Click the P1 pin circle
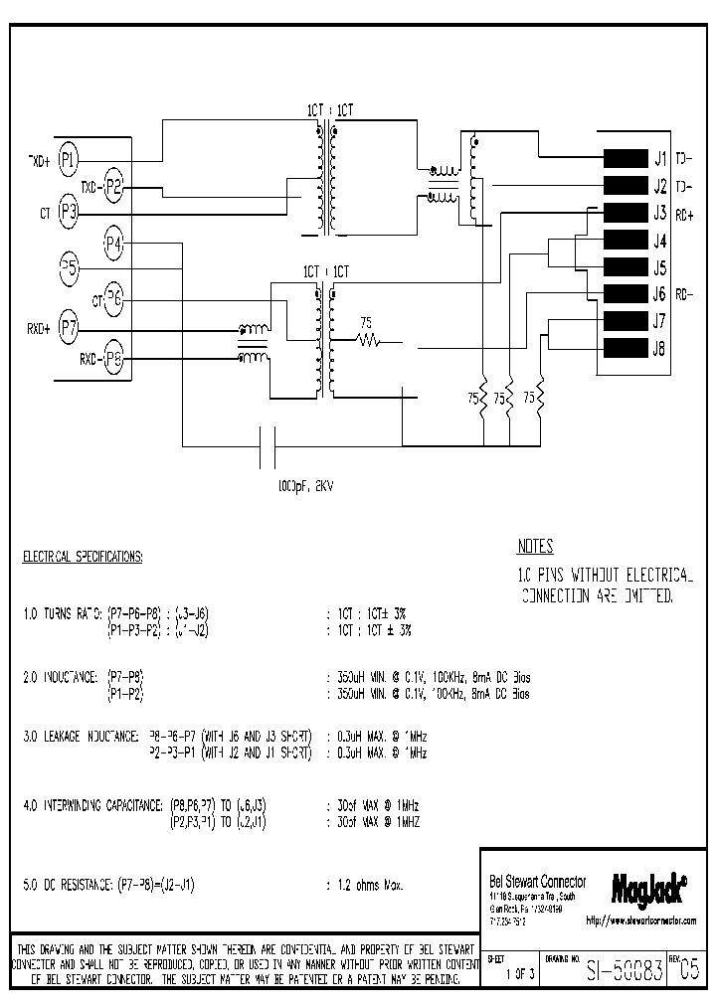point(68,156)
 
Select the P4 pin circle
point(113,242)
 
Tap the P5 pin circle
point(68,266)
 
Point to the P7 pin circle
point(68,326)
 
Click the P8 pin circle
point(113,358)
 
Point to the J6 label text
point(659,294)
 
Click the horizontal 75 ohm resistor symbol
point(369,342)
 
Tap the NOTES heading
point(535,547)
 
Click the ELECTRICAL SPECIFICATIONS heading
point(83,557)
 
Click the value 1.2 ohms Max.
point(369,884)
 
